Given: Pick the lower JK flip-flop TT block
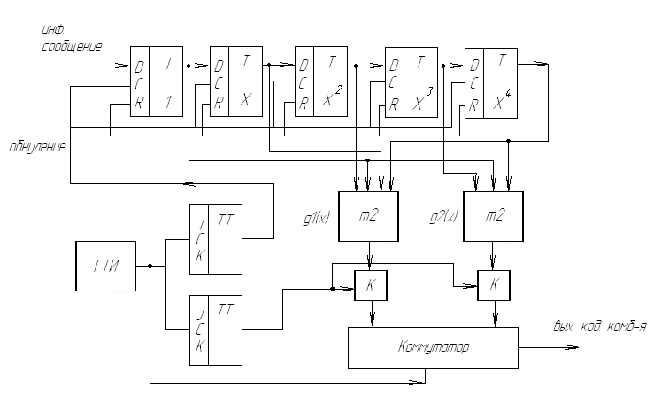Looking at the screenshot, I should tap(217, 329).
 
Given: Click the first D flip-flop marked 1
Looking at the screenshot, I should tap(157, 81).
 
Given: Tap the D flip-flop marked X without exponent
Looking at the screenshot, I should tap(236, 81).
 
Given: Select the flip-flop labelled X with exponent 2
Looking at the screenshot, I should tap(320, 81).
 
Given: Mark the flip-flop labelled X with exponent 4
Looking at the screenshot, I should tap(492, 81).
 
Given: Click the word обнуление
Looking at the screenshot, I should tap(36, 145).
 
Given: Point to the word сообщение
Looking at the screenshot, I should tap(71, 46).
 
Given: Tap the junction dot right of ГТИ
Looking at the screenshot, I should tap(151, 267).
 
